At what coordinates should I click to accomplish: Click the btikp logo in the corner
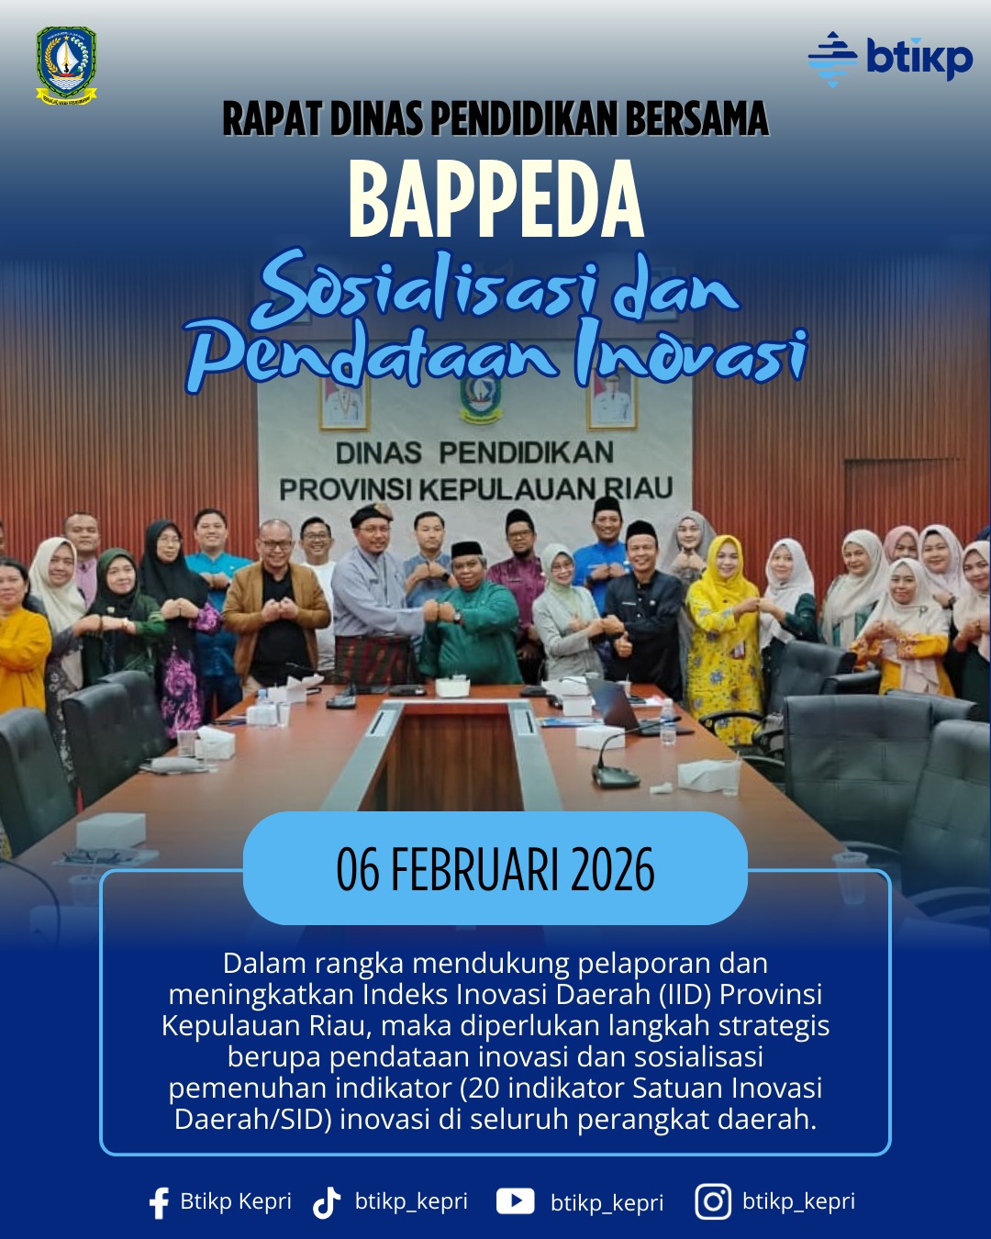tap(890, 59)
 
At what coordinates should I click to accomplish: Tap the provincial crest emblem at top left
tap(66, 65)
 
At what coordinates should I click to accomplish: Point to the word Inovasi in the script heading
tap(691, 354)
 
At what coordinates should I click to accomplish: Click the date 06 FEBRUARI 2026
tap(495, 869)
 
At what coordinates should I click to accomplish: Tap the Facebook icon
tap(159, 1202)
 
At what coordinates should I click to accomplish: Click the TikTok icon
tap(327, 1202)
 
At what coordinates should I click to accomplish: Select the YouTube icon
tap(515, 1201)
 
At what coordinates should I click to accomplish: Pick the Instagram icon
tap(713, 1201)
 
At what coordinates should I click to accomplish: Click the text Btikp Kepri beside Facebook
tap(236, 1201)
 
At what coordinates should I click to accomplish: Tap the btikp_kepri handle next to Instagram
tap(798, 1201)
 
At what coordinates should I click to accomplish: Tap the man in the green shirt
tap(471, 624)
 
